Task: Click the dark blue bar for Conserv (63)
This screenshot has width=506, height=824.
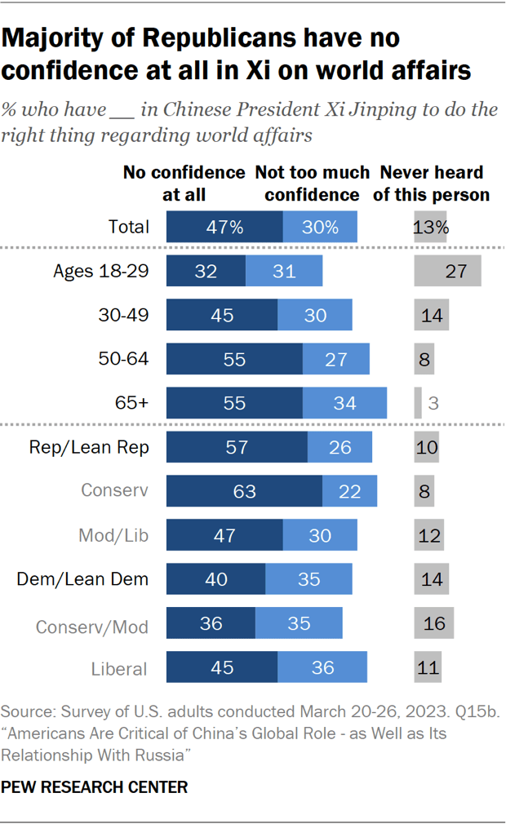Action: click(x=244, y=491)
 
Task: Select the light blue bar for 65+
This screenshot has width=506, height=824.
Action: click(x=344, y=403)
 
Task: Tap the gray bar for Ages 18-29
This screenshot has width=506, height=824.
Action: click(x=447, y=271)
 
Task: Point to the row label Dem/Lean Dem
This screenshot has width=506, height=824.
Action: click(x=83, y=579)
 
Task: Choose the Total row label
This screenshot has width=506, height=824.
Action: click(x=128, y=227)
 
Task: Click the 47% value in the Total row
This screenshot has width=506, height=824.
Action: click(x=224, y=227)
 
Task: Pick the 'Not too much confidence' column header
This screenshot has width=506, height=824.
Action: click(x=307, y=184)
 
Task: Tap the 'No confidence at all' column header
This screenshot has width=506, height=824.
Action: click(x=184, y=184)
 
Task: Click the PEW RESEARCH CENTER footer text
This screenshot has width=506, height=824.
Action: click(x=95, y=787)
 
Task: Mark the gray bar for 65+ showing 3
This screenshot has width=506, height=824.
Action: click(x=418, y=403)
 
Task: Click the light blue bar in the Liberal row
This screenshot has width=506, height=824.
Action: click(x=322, y=667)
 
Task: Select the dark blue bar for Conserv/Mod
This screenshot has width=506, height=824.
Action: click(x=211, y=623)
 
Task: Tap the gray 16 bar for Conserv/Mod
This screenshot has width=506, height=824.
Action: click(x=433, y=623)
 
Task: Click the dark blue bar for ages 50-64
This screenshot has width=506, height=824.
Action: click(x=234, y=359)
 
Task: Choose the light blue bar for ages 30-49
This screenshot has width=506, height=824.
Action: click(x=315, y=315)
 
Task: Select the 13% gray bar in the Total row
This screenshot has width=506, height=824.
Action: click(x=430, y=227)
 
